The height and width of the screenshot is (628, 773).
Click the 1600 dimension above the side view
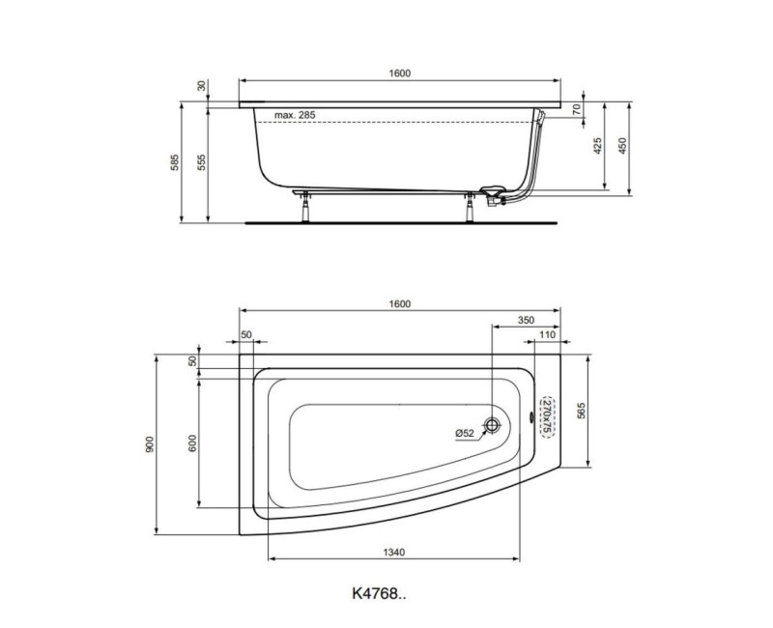[x=400, y=73]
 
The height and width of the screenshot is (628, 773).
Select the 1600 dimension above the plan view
[x=400, y=303]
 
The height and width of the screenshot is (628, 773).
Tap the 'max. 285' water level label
[x=295, y=115]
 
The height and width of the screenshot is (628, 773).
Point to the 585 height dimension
[x=175, y=162]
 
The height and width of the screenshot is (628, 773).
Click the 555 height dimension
[x=201, y=162]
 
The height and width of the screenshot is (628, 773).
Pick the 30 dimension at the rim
[x=201, y=86]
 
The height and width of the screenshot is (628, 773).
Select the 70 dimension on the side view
[x=577, y=110]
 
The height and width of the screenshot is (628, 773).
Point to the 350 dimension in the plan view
[x=526, y=319]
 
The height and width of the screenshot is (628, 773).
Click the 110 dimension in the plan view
[x=546, y=334]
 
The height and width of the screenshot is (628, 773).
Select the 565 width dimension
[x=582, y=412]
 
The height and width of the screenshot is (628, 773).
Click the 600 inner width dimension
[x=193, y=443]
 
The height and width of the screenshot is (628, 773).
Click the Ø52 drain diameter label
[x=465, y=433]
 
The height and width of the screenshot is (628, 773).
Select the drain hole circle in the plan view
[x=493, y=425]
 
